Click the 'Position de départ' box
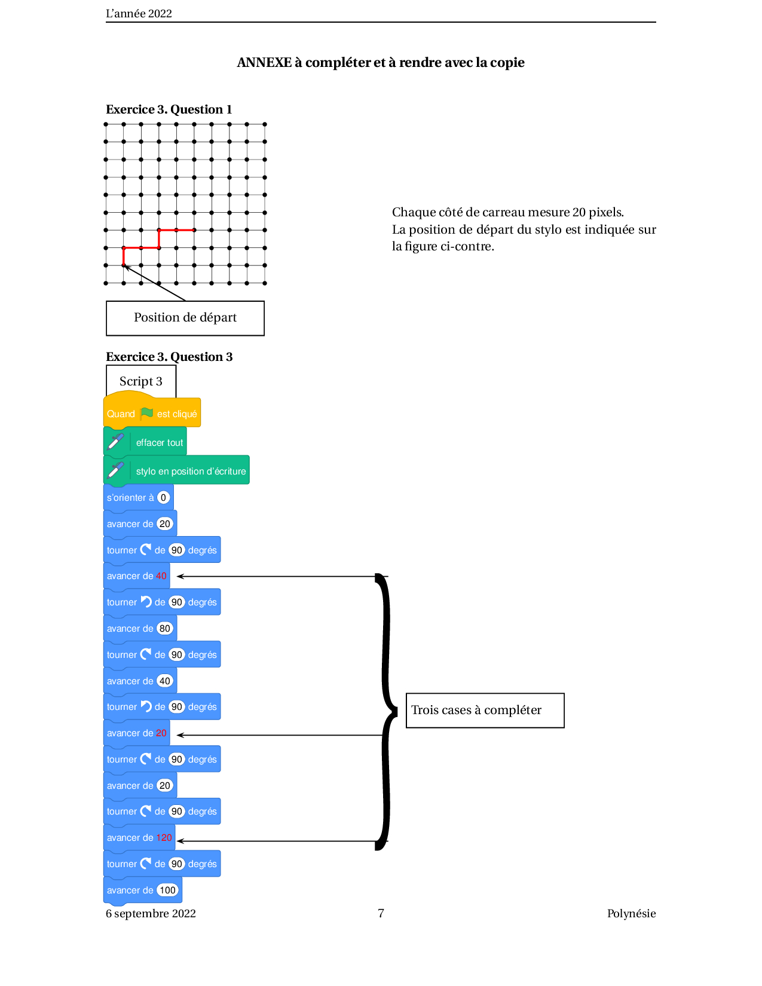(185, 318)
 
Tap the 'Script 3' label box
(140, 381)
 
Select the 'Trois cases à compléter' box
(485, 710)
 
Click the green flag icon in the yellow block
(146, 413)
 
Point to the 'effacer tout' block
(145, 442)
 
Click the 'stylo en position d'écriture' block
(176, 470)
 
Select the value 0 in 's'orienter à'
(163, 497)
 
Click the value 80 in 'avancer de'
(165, 628)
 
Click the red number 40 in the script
(161, 575)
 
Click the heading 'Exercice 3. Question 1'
(169, 109)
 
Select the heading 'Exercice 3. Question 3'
(169, 357)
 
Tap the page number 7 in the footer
(381, 913)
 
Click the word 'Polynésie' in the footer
(631, 914)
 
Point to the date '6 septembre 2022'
(151, 914)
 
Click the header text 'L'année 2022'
(139, 14)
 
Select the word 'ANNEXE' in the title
(264, 62)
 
